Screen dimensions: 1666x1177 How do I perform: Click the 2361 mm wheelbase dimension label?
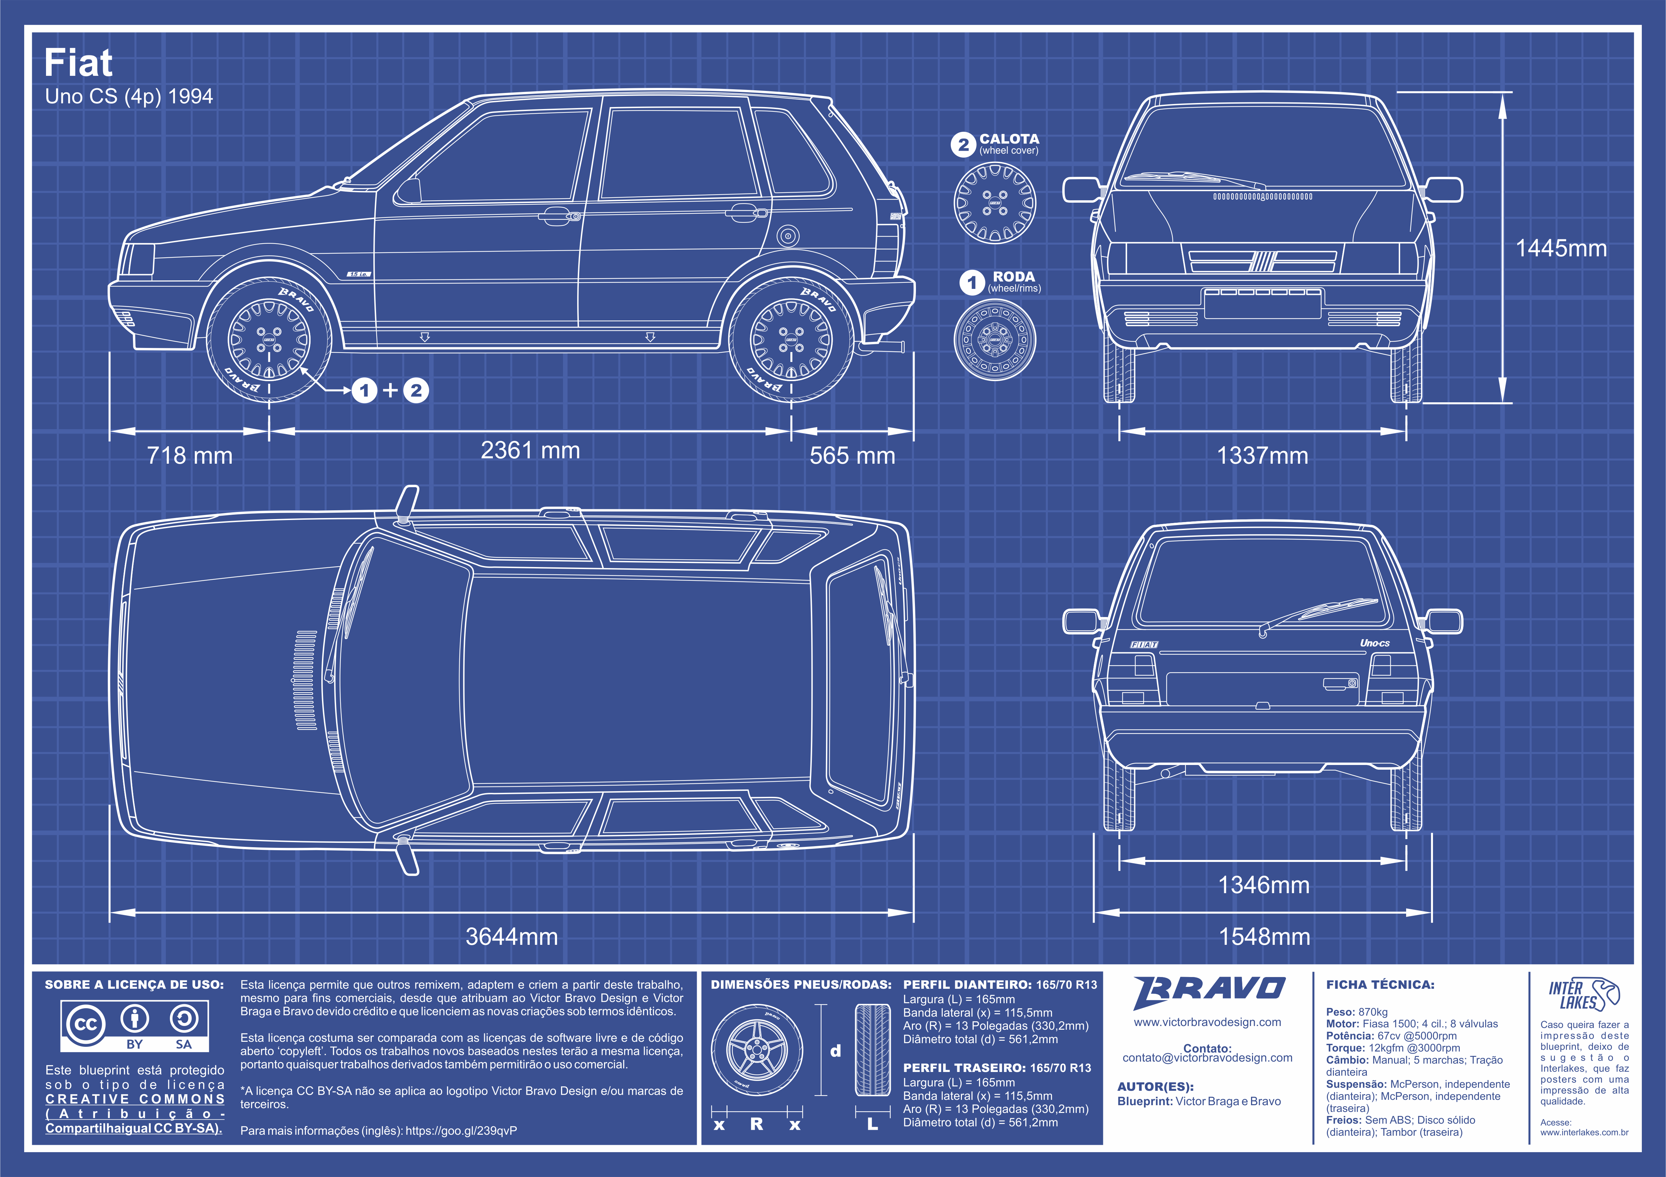click(530, 450)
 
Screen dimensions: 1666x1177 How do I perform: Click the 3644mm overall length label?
click(512, 936)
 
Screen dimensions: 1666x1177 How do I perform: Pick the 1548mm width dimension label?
click(1264, 936)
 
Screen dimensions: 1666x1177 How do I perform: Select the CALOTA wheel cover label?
click(1009, 139)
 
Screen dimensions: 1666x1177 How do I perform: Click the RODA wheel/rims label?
click(1014, 276)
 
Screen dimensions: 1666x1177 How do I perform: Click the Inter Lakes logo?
click(1584, 993)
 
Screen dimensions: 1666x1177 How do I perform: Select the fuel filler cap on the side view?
click(787, 236)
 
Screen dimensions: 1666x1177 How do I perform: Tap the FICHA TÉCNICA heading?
click(1380, 985)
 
